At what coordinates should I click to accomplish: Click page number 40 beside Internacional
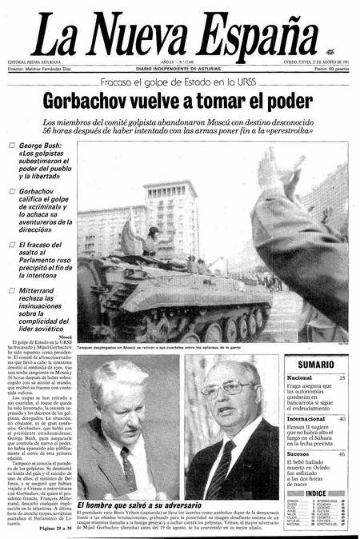point(342,418)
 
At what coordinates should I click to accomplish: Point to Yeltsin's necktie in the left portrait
point(130,467)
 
